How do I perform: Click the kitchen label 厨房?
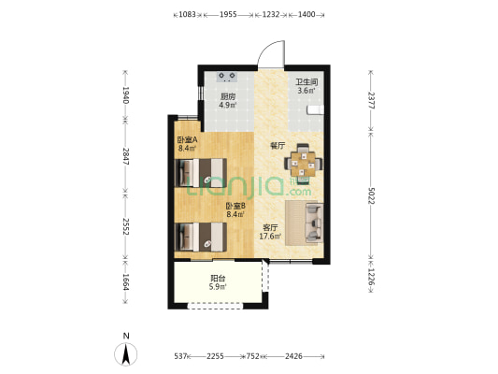[x=228, y=96]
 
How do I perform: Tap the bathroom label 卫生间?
[x=306, y=82]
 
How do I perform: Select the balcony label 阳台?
[x=218, y=279]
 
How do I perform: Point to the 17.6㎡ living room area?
[x=270, y=237]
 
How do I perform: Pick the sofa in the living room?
[x=314, y=223]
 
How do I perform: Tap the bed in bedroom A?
[x=201, y=173]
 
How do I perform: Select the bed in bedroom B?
[x=201, y=237]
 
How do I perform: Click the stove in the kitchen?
[x=227, y=77]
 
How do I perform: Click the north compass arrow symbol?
[x=126, y=354]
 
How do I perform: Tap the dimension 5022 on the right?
[x=371, y=196]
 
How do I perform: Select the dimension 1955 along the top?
[x=228, y=14]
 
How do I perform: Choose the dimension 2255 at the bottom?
[x=215, y=356]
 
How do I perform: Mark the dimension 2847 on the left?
[x=125, y=156]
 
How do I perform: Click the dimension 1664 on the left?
[x=125, y=281]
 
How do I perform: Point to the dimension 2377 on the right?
[x=371, y=100]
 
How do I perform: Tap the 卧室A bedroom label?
[x=188, y=139]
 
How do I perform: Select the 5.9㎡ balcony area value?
[x=218, y=287]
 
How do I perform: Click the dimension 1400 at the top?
[x=306, y=14]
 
